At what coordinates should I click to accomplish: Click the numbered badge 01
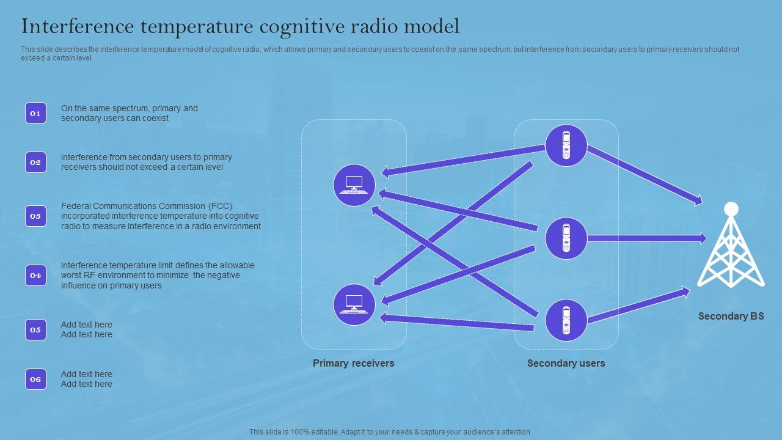point(35,113)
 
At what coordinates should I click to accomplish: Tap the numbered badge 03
point(35,216)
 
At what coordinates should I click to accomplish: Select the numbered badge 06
point(35,379)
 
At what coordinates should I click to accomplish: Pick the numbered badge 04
point(35,276)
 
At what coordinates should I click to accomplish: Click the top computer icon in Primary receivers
point(354,185)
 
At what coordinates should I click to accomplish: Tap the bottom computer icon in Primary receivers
point(354,304)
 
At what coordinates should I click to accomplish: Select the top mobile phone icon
point(566,145)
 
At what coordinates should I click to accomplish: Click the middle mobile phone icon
point(566,238)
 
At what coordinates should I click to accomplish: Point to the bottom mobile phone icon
point(566,320)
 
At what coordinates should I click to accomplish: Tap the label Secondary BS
point(731,317)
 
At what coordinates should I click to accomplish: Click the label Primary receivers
point(353,363)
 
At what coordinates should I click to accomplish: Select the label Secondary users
point(566,363)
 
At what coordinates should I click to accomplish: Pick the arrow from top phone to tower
point(645,175)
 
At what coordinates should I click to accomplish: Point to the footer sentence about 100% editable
point(390,431)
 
